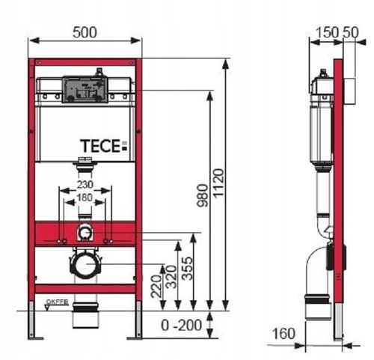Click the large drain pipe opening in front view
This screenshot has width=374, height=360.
85,264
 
